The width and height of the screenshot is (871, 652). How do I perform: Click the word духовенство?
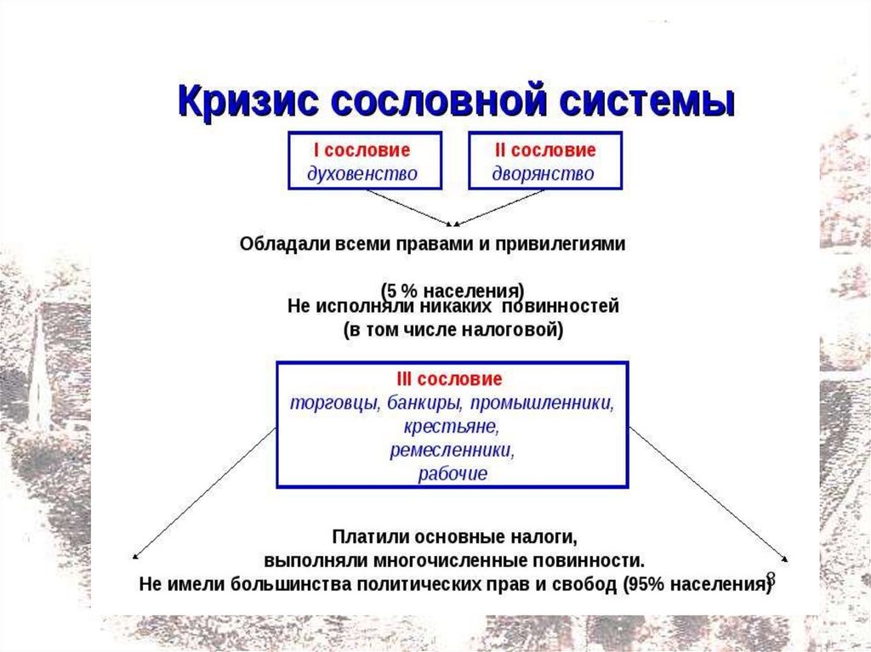pos(362,174)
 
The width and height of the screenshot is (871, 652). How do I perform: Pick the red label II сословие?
pos(545,150)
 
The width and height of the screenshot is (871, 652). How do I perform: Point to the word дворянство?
pos(544,174)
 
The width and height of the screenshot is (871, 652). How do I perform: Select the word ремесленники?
pos(452,450)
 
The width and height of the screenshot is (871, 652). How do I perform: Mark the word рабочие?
pos(453,473)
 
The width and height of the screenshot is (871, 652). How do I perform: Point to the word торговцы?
pos(334,402)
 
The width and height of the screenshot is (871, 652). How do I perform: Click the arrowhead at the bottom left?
pos(134,558)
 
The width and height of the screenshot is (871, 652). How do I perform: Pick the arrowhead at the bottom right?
pos(786,558)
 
